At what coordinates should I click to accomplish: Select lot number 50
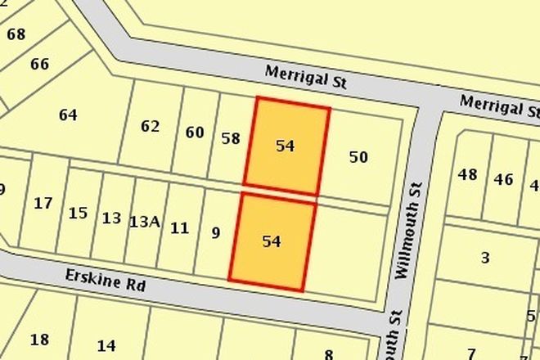point(358,156)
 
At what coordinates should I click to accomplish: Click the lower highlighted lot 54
point(272,241)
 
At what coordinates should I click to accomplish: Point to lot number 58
point(231,138)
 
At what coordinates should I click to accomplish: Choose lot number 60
point(195,132)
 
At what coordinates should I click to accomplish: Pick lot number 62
point(150,126)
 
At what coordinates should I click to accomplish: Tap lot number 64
point(68,115)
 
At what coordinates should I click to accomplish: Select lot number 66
point(39,64)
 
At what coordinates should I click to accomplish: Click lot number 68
point(16,34)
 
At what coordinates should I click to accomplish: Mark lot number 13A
point(143,220)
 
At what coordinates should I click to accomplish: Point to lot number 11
point(179,227)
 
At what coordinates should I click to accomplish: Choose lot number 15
point(78,213)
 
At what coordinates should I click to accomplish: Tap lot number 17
point(43,203)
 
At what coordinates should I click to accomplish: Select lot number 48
point(467,173)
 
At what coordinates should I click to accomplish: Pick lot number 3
point(485,258)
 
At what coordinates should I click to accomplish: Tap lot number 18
point(39,340)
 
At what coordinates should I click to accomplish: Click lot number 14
point(106,345)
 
